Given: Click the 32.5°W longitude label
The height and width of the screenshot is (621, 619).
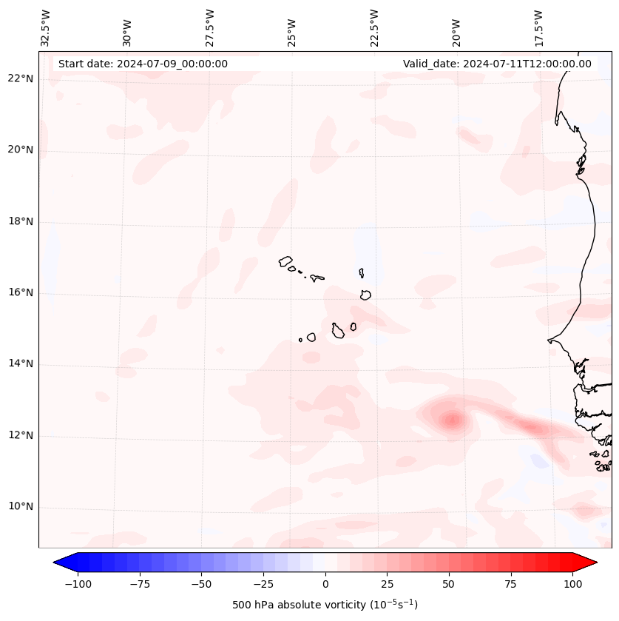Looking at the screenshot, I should (x=46, y=27).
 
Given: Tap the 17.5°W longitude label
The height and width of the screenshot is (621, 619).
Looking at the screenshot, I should (x=538, y=27).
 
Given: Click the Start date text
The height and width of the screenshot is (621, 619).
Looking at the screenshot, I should (x=143, y=64).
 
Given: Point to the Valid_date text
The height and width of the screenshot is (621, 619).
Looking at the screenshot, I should (x=497, y=64).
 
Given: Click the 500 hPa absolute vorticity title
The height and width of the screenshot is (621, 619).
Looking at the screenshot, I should (x=325, y=605).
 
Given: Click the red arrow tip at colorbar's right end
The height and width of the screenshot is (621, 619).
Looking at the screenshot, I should (x=592, y=563).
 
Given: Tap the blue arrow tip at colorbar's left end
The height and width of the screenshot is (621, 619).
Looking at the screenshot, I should (x=58, y=563).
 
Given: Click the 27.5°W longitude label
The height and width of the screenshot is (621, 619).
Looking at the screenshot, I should (x=210, y=27).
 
